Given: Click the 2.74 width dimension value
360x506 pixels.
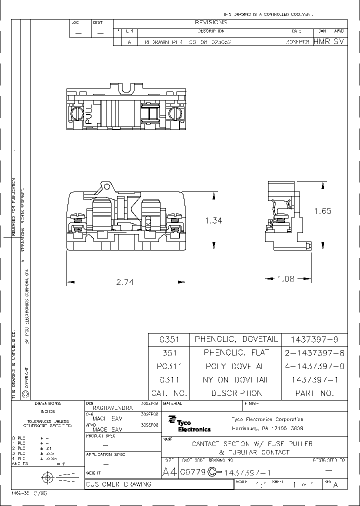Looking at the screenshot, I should pos(125,282).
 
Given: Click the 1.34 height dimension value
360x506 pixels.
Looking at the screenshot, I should pos(213,220).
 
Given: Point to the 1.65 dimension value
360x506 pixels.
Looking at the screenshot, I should pos(322,211).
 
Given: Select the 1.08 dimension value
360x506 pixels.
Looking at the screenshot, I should pos(285,279).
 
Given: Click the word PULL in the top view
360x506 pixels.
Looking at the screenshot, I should pos(89,114).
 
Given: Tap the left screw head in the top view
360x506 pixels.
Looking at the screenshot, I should pos(76,113).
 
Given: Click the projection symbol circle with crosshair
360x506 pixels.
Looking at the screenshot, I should pos(48,477).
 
